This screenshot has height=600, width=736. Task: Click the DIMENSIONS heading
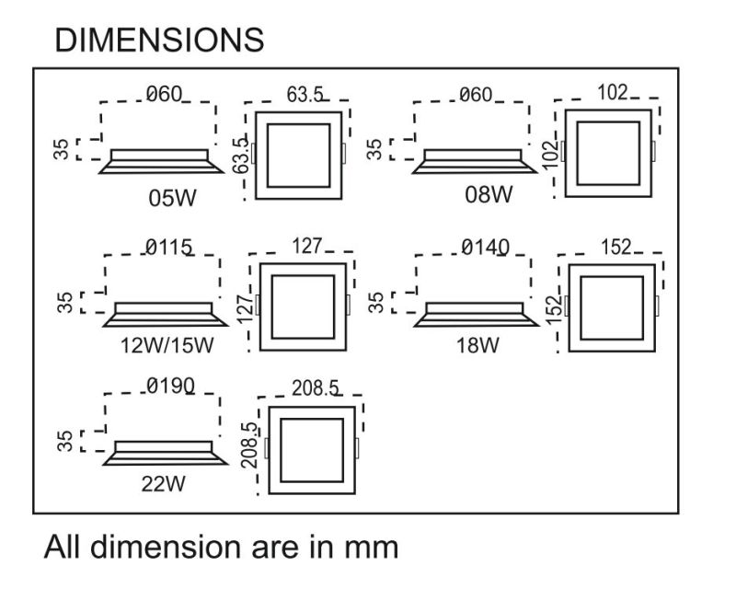[x=159, y=40]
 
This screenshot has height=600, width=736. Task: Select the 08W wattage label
[x=488, y=194]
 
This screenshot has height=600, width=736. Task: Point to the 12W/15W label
[x=167, y=346]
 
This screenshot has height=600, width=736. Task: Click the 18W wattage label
[x=477, y=346]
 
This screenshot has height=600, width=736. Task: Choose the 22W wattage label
[x=163, y=485]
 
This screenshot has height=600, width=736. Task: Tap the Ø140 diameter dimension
[x=485, y=247]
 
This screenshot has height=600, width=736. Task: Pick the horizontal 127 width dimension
[x=307, y=246]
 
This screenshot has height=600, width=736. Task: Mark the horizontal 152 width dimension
[x=615, y=247]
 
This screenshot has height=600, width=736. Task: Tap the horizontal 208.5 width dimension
[x=316, y=387]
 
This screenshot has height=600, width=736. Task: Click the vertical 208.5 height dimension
[x=248, y=446]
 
